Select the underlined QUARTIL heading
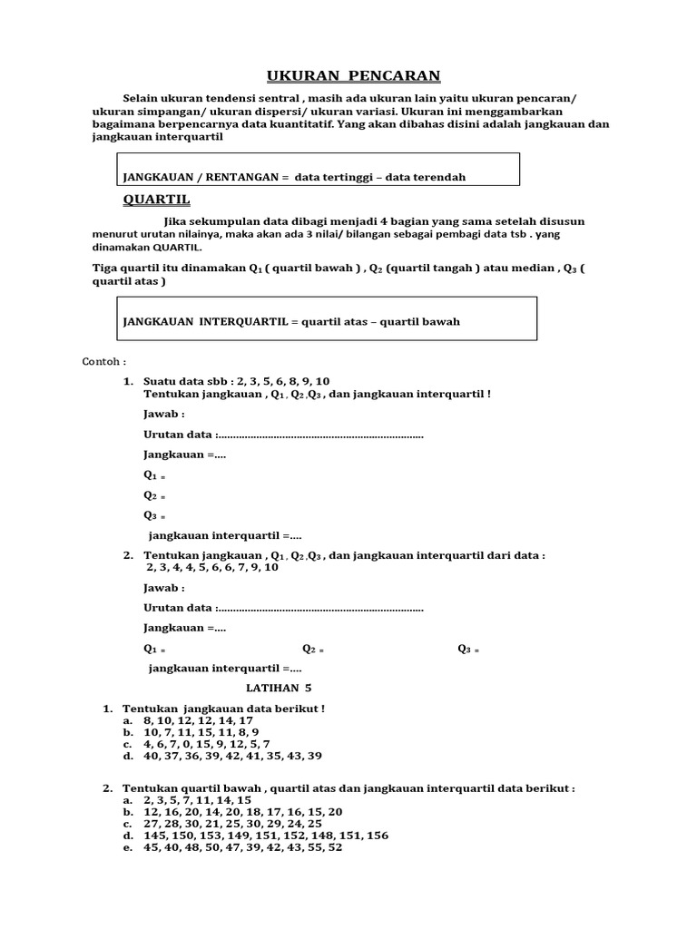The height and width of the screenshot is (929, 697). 156,200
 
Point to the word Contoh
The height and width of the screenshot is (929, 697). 104,361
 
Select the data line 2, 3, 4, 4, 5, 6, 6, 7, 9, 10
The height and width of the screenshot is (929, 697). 212,568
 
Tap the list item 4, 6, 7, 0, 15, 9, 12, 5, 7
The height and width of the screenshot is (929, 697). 206,744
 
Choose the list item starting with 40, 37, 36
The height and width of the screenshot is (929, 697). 231,756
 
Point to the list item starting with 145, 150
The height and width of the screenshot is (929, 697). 265,836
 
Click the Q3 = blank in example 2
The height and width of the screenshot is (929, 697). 467,649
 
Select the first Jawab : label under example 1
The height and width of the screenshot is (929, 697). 164,414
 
